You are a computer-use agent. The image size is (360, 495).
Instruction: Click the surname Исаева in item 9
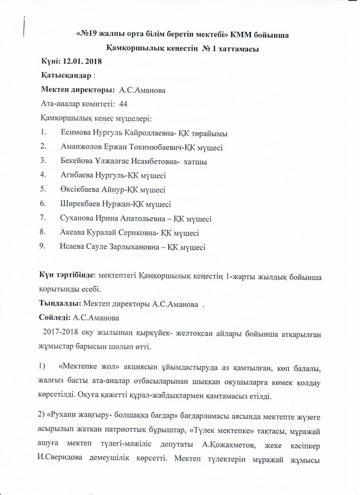[x=73, y=247]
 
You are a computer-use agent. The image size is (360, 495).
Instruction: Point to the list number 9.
[x=42, y=247]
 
